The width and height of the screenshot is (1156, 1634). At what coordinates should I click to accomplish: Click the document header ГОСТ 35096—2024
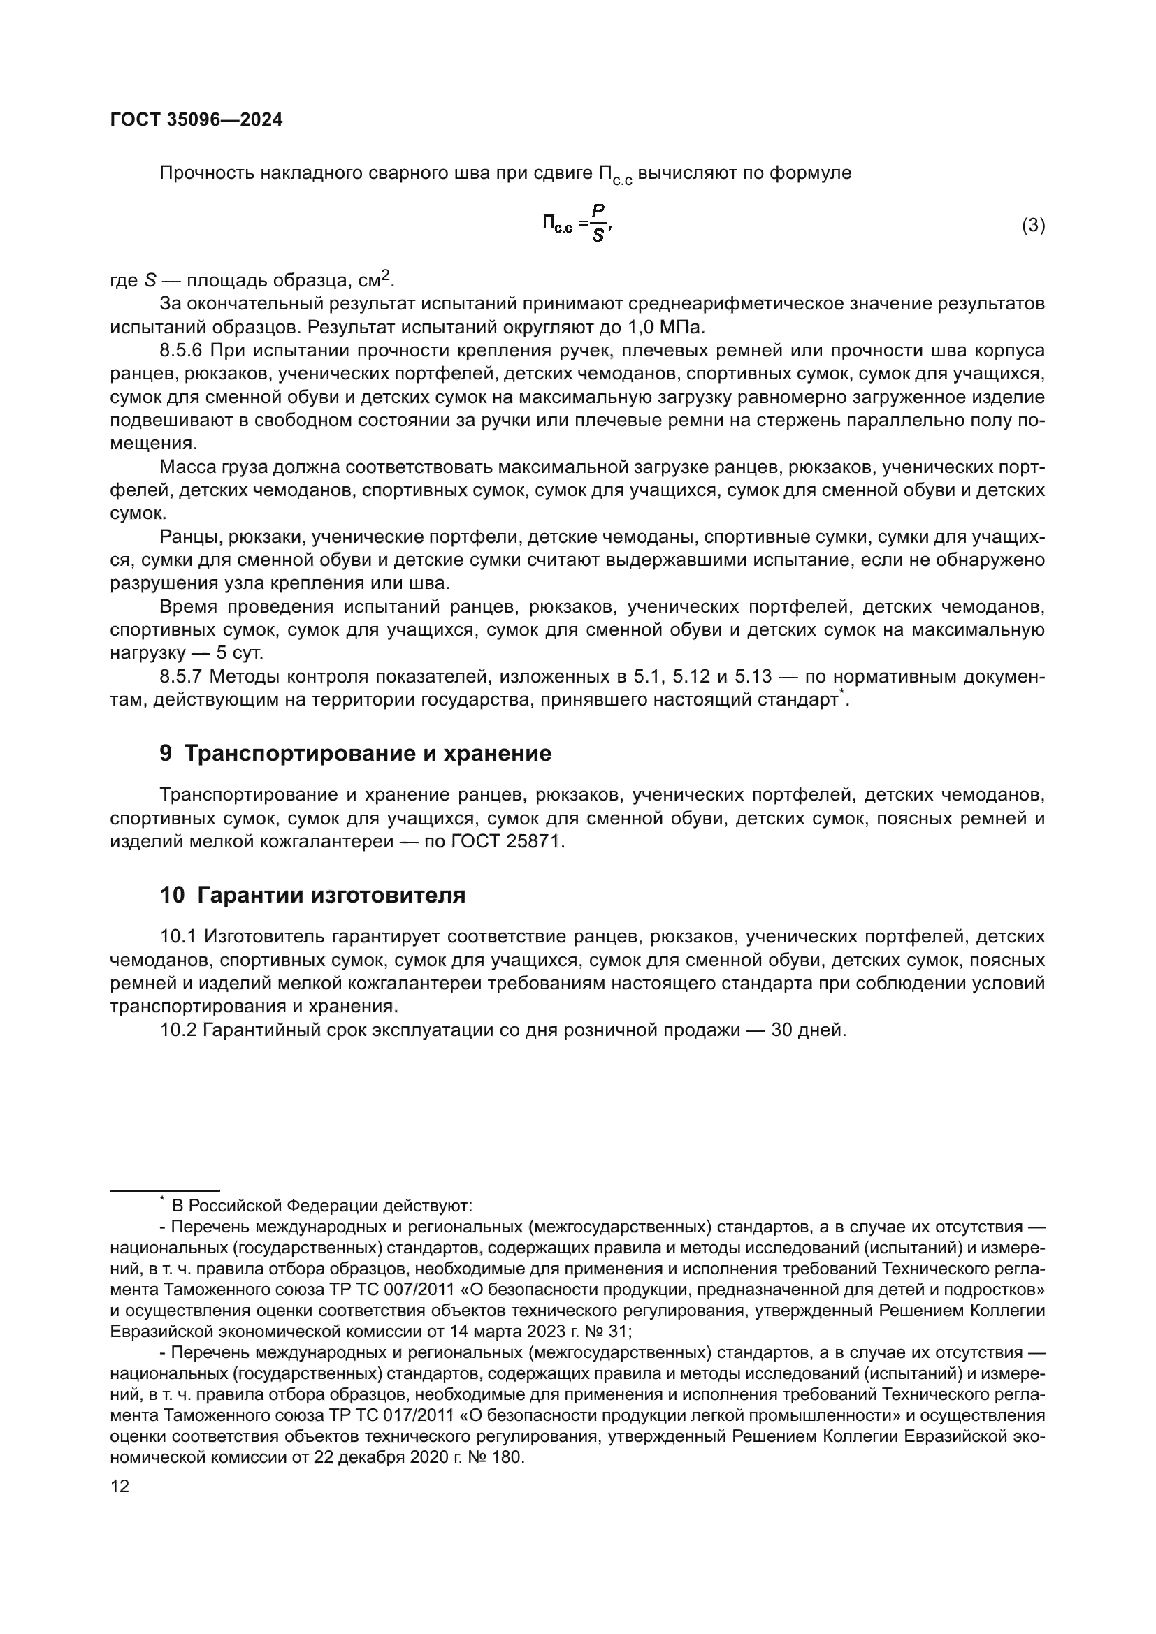(x=196, y=119)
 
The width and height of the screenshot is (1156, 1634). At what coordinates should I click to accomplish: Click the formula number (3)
(x=1033, y=226)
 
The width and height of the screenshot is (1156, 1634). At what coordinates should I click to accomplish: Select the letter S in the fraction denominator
(x=598, y=236)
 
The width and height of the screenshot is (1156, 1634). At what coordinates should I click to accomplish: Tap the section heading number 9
(x=166, y=754)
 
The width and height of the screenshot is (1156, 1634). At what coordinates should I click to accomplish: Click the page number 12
(x=120, y=1486)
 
